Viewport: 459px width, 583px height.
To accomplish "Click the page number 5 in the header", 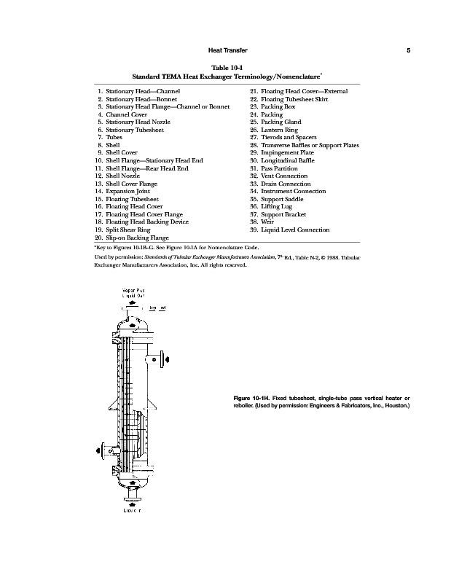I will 409,50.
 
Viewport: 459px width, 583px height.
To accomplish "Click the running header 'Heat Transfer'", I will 229,50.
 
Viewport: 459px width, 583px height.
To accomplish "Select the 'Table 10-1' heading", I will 229,66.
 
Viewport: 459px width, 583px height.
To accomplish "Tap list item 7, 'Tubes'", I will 113,137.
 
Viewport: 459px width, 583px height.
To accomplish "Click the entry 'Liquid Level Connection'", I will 299,230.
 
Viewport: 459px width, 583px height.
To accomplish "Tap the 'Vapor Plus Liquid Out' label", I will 132,293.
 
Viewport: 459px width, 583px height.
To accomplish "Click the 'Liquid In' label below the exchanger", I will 132,510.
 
